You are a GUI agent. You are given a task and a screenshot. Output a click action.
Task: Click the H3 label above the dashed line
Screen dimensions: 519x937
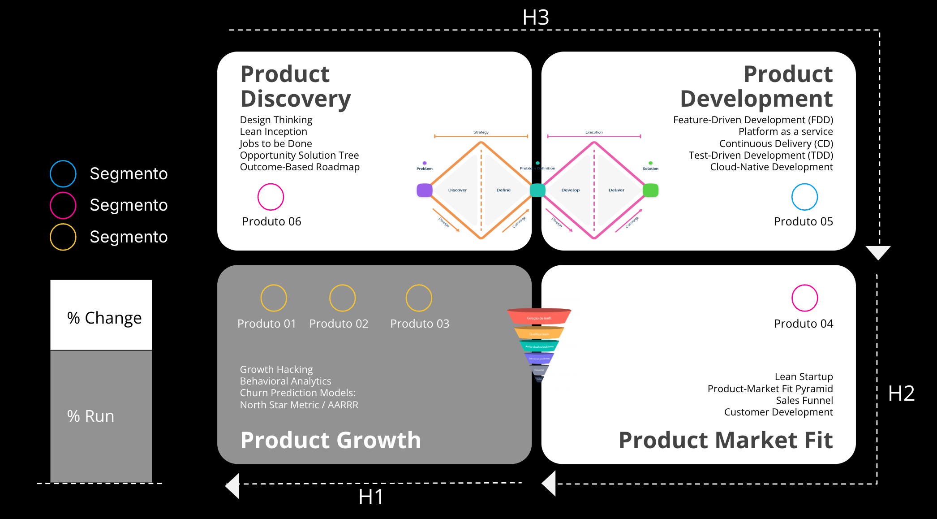[x=535, y=18]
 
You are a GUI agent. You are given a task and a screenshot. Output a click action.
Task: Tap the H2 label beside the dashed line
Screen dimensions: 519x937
[x=901, y=394]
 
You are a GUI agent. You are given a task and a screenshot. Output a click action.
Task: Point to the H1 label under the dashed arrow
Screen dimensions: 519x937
[x=371, y=497]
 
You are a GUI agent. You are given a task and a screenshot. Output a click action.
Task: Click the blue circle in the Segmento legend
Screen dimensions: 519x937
[x=63, y=174]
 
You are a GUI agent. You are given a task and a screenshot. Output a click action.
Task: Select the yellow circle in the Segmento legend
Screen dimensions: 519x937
[x=63, y=237]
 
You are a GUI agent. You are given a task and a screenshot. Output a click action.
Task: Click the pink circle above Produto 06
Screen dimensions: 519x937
[x=271, y=197]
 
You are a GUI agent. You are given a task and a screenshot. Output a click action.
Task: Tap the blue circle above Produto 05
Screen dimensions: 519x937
[x=804, y=197]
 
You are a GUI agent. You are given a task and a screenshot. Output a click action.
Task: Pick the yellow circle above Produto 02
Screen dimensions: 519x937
[x=342, y=298]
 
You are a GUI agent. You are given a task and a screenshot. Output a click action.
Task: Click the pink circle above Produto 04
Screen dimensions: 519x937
[x=804, y=298]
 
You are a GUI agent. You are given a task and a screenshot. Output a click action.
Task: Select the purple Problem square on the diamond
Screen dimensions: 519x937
[x=424, y=190]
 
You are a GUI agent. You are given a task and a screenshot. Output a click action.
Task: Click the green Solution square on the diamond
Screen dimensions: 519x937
[x=650, y=190]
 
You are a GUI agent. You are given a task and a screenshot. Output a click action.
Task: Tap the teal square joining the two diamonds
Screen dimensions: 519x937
[x=537, y=190]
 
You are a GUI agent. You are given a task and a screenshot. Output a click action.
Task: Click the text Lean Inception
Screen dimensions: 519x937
[x=273, y=132]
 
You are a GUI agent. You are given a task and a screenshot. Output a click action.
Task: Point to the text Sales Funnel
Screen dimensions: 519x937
[x=804, y=400]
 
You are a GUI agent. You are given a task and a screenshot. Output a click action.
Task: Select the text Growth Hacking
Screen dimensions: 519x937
[x=276, y=369]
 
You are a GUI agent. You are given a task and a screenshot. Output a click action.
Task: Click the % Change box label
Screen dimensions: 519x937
[x=104, y=318]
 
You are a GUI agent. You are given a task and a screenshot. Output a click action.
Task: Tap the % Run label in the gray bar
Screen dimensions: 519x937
[x=91, y=416]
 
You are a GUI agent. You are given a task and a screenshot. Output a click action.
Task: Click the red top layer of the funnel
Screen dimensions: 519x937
[x=539, y=317]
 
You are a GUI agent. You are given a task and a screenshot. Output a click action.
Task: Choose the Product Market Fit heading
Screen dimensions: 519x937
[x=725, y=440]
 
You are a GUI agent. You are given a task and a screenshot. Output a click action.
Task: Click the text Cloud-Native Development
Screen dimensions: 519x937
[x=771, y=167]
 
